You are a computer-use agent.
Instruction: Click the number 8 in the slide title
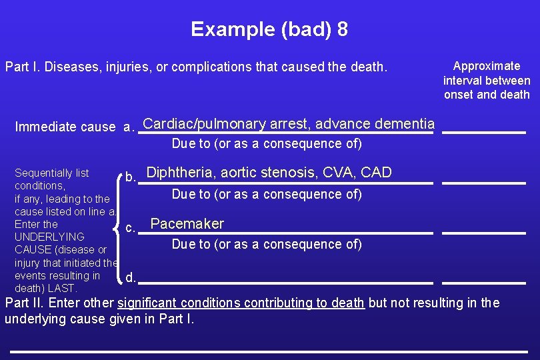point(341,29)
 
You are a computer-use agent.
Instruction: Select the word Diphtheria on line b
point(180,173)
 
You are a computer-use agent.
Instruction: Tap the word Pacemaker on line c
point(187,224)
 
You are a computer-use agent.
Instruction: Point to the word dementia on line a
point(405,124)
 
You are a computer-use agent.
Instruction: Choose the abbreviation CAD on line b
point(376,173)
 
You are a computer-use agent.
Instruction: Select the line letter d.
point(131,277)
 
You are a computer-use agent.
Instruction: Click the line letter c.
point(131,228)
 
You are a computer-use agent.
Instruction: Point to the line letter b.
point(131,177)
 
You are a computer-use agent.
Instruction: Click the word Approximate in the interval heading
point(487,66)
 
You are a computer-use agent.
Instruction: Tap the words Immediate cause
point(65,127)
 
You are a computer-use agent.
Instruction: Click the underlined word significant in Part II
point(147,303)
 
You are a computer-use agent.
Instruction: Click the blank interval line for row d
point(484,283)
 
